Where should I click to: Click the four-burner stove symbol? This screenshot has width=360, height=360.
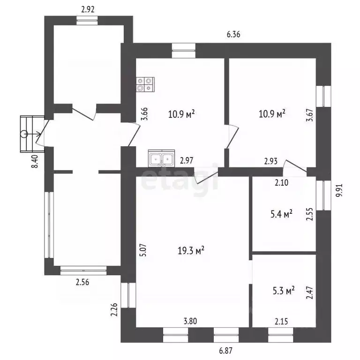tap(145, 84)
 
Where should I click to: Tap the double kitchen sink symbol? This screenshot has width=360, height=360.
tap(161, 158)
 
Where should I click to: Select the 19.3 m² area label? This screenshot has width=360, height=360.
tap(191, 250)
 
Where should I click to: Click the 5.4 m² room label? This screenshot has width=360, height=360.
tap(281, 214)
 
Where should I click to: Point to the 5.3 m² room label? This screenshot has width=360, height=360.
tap(284, 291)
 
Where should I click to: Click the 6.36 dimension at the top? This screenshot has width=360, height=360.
tap(233, 34)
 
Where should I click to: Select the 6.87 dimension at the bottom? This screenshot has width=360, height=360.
tap(225, 351)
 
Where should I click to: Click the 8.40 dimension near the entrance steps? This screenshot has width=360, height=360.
tap(35, 161)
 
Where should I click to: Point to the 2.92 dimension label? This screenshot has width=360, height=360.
tap(88, 9)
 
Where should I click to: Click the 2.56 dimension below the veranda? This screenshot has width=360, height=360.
tap(82, 282)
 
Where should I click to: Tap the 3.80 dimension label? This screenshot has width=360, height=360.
tap(190, 321)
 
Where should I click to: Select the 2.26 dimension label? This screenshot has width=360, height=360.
tap(114, 310)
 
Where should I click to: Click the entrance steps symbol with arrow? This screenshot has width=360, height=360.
tap(32, 134)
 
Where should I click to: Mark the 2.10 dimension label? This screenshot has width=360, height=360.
tap(281, 183)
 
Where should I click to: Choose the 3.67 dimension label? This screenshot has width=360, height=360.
tap(310, 115)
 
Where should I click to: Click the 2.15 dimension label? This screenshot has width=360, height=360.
tap(281, 322)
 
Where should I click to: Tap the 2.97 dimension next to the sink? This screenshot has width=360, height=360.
tap(187, 160)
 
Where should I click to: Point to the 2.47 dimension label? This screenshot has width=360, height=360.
tap(310, 292)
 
